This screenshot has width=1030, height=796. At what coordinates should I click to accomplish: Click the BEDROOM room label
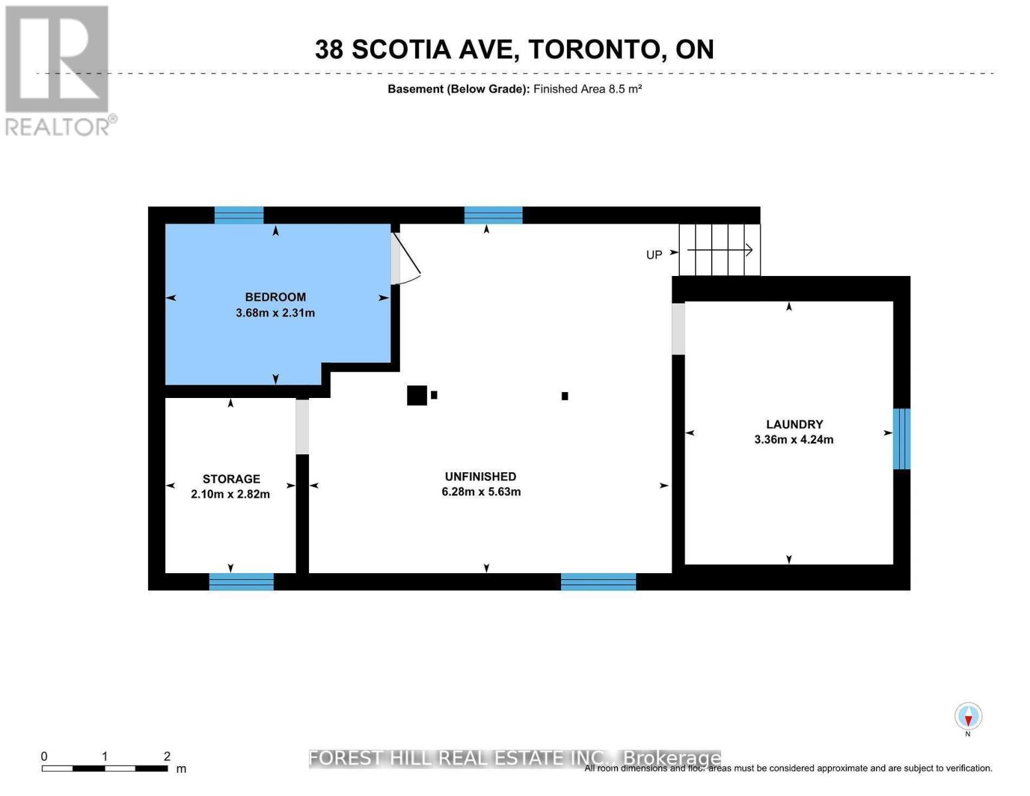coord(275,297)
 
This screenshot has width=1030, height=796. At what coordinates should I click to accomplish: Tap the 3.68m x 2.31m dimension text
coord(275,313)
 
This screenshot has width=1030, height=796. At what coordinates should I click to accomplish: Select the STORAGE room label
coord(231,479)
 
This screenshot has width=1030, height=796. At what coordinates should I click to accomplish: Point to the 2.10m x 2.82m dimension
coord(230,494)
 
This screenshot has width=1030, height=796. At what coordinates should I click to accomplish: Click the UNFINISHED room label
coord(480,476)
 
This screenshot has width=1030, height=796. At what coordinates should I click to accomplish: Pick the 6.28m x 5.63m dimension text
coord(481,492)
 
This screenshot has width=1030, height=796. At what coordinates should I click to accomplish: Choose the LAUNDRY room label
coord(794,425)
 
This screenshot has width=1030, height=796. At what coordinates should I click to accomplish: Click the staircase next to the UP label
coord(720,250)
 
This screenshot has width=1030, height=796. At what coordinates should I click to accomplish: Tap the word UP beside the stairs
coord(654,255)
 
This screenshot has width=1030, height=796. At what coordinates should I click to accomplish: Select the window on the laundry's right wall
coord(901,438)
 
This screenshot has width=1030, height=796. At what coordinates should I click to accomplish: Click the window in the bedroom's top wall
coord(239,215)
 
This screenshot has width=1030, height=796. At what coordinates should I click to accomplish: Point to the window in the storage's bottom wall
coord(241,582)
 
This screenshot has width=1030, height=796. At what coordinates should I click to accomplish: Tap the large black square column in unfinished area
coord(417,395)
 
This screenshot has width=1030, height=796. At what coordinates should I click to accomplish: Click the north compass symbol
coord(968,717)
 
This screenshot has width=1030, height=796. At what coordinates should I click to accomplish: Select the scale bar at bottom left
coord(105,768)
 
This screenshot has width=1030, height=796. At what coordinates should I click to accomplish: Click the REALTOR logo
coord(58,70)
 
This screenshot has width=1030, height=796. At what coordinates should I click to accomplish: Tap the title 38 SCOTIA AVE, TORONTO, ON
coord(514,50)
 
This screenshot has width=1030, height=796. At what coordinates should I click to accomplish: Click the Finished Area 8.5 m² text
coord(587,89)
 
